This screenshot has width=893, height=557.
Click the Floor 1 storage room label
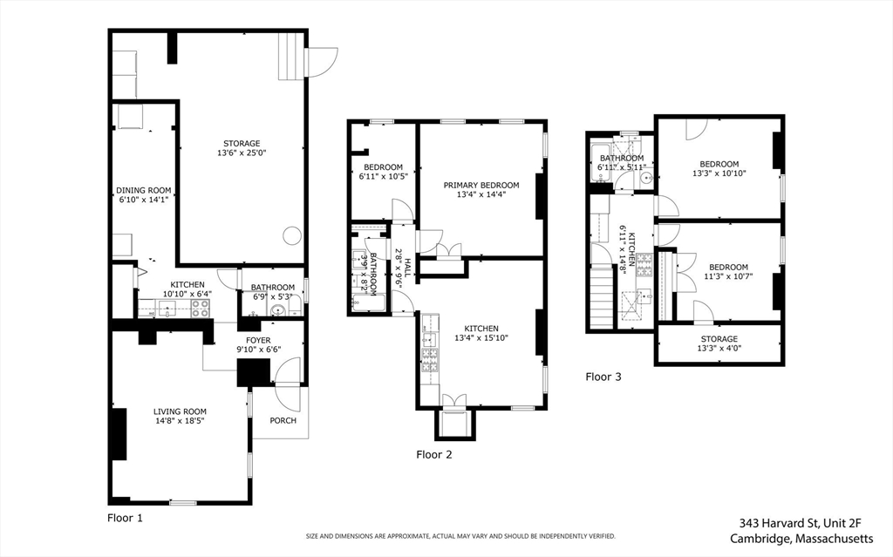coord(242,144)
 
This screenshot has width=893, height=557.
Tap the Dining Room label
coord(144,190)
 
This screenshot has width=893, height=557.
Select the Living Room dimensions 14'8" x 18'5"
coord(180,421)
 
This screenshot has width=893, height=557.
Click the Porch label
coord(283,420)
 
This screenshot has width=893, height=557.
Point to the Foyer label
coord(258,340)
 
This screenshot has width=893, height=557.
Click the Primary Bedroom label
coord(481,185)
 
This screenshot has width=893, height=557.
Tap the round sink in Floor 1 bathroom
coord(277,310)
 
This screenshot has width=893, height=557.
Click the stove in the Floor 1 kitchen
coord(200,308)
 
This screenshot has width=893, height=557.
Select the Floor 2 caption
coord(434,454)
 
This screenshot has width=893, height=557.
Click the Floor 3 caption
coord(603,377)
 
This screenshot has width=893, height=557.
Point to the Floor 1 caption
coord(126,518)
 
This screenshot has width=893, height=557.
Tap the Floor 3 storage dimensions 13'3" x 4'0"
coord(719,348)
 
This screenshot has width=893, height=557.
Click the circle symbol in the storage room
coord(291,235)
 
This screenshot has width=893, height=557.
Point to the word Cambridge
coord(760,538)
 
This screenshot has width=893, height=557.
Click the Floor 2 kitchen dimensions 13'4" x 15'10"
coord(481,337)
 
